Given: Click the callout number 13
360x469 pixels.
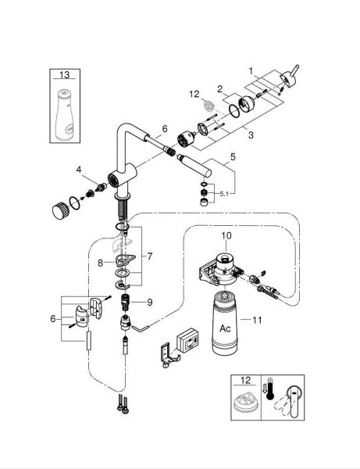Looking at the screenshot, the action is click(x=65, y=74).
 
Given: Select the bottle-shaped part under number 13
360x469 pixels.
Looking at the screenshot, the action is click(x=65, y=115).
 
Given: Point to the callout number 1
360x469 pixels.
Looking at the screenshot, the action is click(x=251, y=71).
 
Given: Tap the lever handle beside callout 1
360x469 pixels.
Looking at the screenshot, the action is click(x=289, y=77).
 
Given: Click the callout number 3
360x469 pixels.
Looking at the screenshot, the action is click(x=251, y=135).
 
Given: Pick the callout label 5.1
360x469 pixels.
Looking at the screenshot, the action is click(x=224, y=194).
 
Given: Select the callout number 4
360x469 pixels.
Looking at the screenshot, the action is click(x=79, y=170).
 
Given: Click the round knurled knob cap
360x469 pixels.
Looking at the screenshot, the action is click(x=61, y=209).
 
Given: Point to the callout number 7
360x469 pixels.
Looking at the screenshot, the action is click(x=149, y=256).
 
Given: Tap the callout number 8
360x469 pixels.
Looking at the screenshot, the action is click(x=101, y=263).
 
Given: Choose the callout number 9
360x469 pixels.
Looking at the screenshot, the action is click(x=149, y=303).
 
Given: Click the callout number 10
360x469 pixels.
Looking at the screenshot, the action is click(x=226, y=236).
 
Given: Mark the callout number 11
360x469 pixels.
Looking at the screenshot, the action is click(x=257, y=320).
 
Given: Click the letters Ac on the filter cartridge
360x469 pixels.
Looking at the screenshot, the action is click(x=225, y=328).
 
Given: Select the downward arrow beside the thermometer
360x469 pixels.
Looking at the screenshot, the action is click(x=264, y=389).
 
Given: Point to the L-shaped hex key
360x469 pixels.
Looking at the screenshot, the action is click(x=141, y=328).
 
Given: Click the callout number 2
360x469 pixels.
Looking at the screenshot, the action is click(x=220, y=89).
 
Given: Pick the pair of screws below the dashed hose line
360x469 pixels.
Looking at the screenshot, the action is click(x=123, y=404).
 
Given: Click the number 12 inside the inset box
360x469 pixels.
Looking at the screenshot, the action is click(x=245, y=380).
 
